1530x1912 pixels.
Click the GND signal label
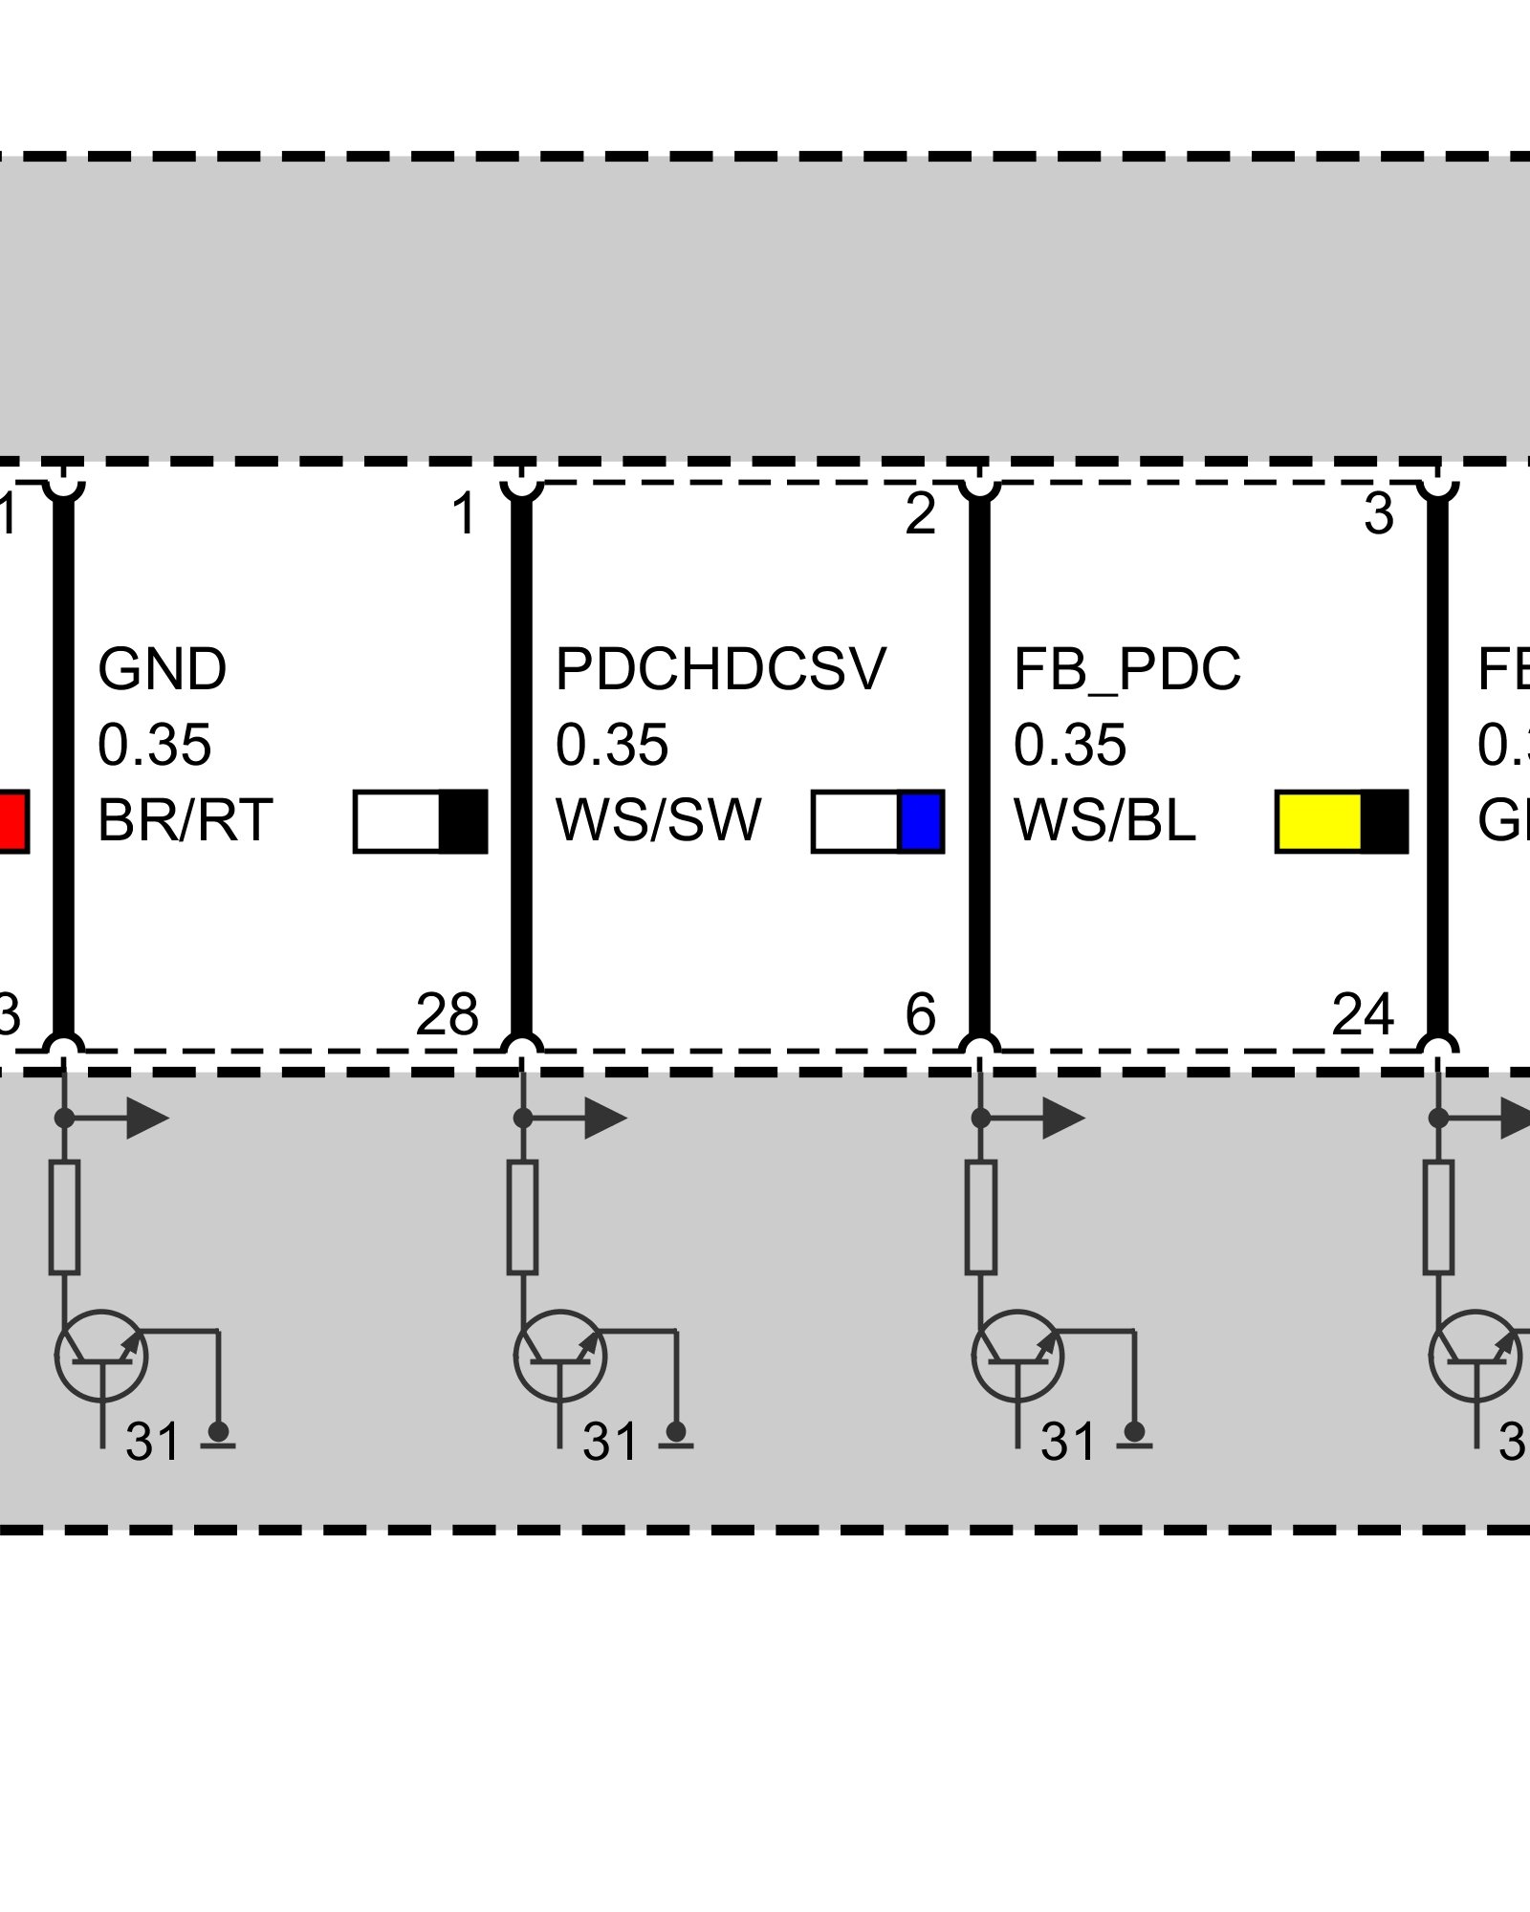[162, 669]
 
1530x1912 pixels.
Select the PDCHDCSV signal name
[720, 669]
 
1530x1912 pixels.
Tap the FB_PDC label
[1126, 669]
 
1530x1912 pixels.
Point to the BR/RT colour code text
[185, 820]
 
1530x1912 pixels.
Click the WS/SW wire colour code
[658, 820]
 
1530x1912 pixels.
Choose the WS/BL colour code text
[1104, 820]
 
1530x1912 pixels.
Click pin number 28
[447, 1014]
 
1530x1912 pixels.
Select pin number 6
[920, 1014]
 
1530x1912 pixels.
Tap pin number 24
[1362, 1014]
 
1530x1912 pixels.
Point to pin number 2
[920, 514]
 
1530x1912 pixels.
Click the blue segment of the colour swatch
[922, 820]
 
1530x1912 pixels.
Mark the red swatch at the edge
[12, 820]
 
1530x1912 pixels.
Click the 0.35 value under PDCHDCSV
[612, 745]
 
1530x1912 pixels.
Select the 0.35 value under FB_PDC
[1070, 745]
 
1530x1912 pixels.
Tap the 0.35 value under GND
[154, 745]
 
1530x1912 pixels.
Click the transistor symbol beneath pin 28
[559, 1356]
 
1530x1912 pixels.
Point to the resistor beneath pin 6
[981, 1217]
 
